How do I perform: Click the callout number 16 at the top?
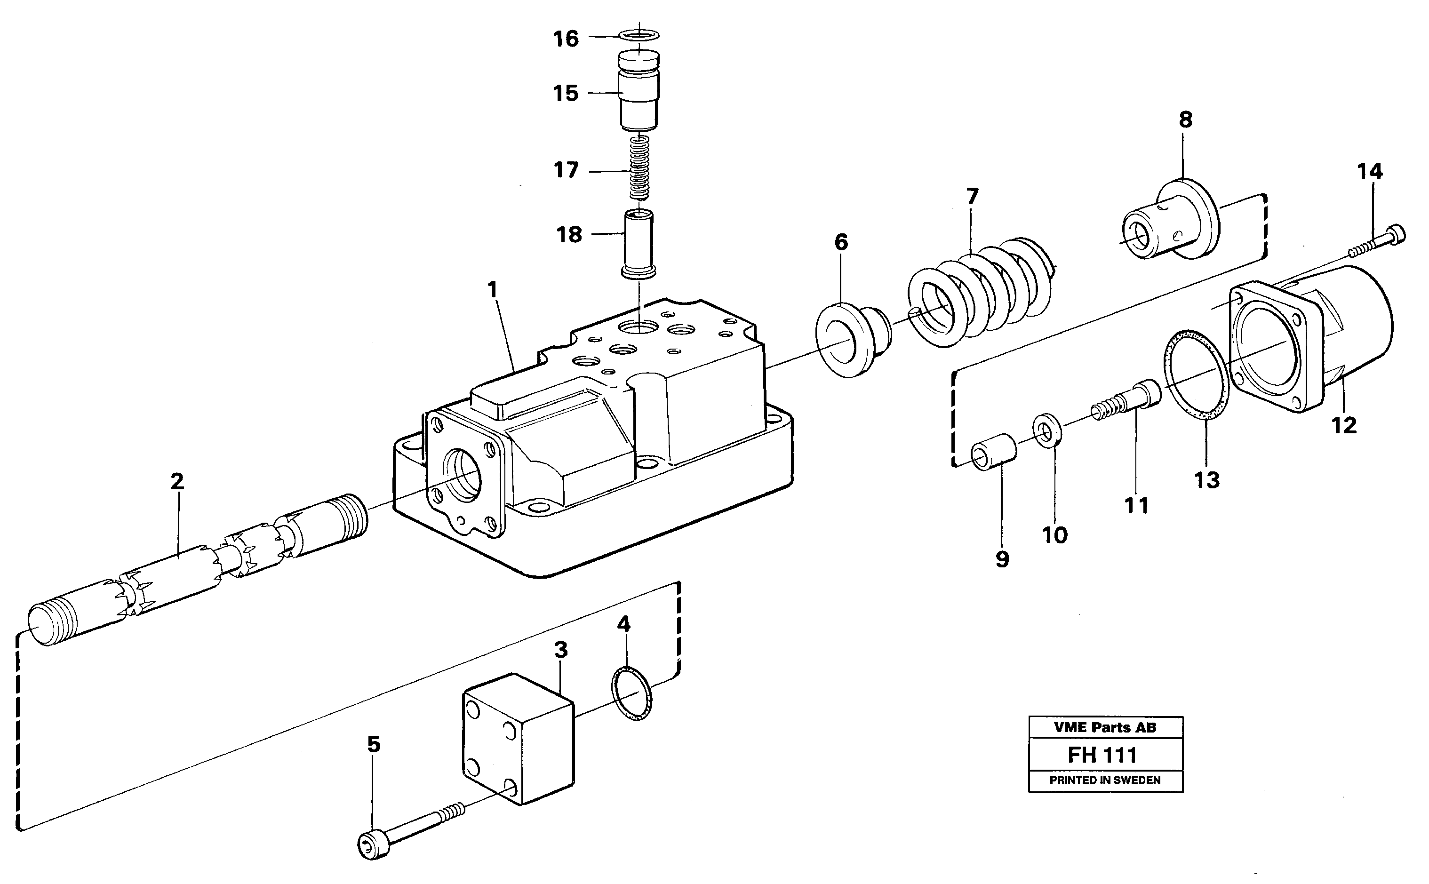(x=566, y=39)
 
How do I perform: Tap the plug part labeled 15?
(x=639, y=92)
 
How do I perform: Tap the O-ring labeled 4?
(x=631, y=693)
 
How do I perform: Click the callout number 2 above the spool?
(x=177, y=481)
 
